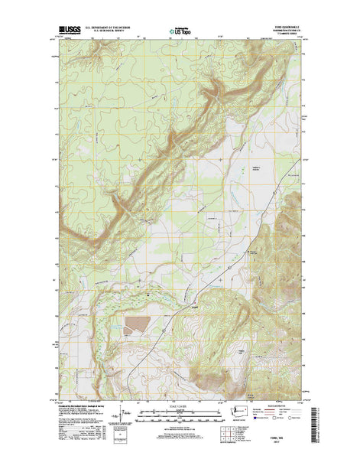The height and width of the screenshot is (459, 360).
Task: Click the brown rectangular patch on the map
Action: [138, 326]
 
